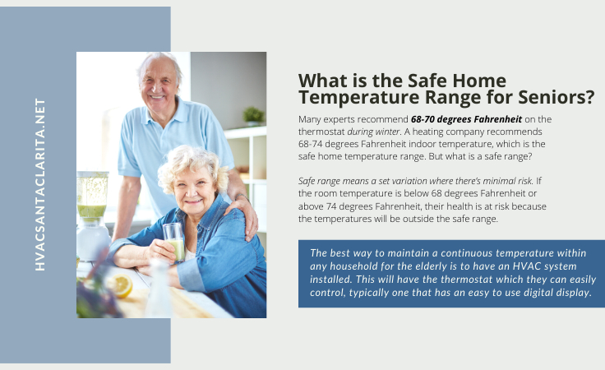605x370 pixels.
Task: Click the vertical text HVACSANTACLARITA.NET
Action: coord(40,184)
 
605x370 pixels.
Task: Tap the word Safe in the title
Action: coord(427,81)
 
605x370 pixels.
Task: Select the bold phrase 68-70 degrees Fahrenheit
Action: coord(466,119)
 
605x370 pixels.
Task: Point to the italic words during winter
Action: coord(373,132)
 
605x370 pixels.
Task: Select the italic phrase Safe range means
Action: coord(334,181)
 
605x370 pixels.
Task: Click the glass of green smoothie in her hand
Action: coord(174,243)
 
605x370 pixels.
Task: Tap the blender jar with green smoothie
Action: coord(92,197)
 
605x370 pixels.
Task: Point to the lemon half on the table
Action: coord(122,285)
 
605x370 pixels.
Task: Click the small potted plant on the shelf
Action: coord(253,116)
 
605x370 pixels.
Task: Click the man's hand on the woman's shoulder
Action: coord(242,217)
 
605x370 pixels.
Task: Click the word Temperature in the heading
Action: coord(358,97)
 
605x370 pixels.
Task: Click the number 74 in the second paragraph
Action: coord(330,206)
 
